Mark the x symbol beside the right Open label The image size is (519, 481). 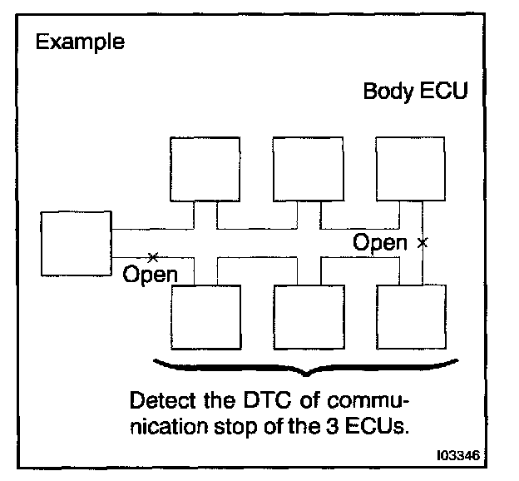click(x=423, y=243)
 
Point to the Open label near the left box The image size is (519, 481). click(x=150, y=274)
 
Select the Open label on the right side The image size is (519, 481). click(x=380, y=243)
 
